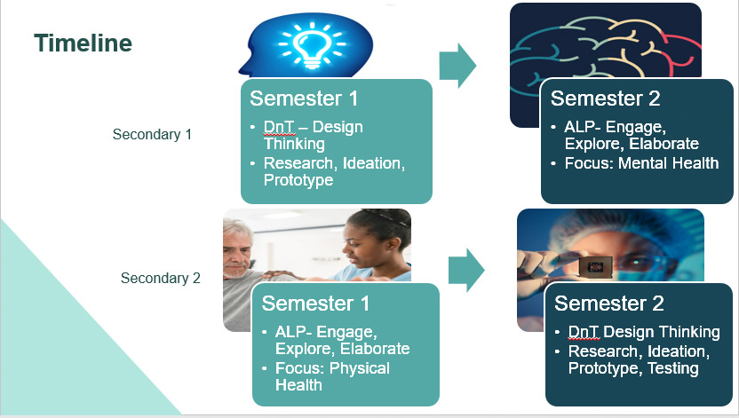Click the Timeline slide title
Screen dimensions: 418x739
83,43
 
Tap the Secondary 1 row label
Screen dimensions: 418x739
152,135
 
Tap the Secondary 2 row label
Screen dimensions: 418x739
161,278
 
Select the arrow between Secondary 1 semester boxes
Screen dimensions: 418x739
458,67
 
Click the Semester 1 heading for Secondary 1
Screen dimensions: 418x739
304,99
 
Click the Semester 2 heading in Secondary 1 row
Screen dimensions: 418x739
605,99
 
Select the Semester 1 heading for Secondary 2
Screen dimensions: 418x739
315,304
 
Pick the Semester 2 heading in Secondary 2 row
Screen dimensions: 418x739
609,304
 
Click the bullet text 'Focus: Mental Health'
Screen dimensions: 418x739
641,163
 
